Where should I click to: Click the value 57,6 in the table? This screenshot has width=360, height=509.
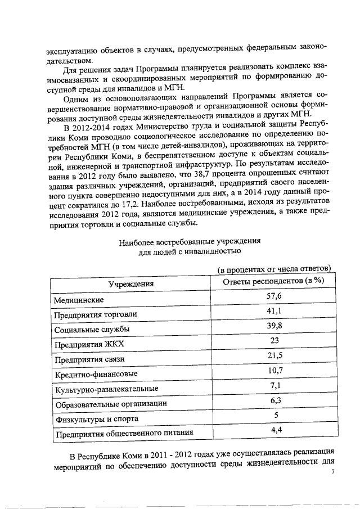(x=274, y=296)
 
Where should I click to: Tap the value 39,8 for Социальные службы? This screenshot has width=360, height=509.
(x=274, y=326)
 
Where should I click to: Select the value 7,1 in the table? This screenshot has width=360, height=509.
(x=274, y=385)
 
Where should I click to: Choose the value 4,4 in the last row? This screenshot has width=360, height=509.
(x=274, y=430)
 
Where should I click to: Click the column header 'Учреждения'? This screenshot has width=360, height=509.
(x=131, y=284)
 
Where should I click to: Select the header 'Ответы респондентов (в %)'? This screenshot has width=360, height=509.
(x=274, y=281)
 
